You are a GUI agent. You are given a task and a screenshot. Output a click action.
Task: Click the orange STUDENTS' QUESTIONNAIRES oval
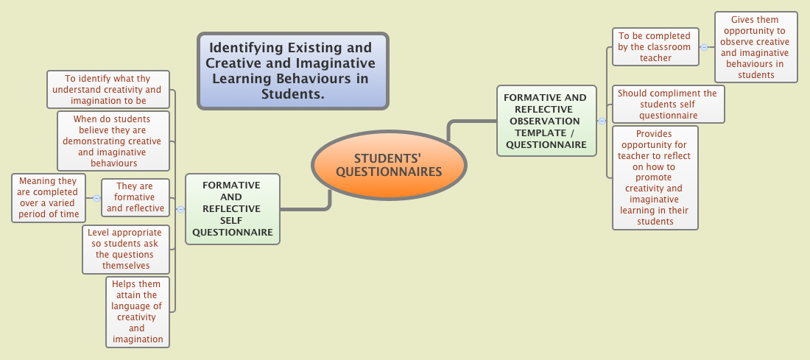coord(389,165)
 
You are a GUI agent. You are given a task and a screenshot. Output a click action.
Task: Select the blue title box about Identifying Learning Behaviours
coord(292,71)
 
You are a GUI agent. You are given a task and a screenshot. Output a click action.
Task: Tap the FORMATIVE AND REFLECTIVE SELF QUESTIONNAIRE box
coord(233,208)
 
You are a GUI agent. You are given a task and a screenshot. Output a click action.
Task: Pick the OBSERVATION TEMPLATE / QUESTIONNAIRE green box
coord(546,121)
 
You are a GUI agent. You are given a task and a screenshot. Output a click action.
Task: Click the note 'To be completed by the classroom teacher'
coord(655,46)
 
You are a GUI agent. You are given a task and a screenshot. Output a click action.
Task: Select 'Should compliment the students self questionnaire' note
coord(668,104)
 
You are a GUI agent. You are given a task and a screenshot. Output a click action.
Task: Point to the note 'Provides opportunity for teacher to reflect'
coord(655,177)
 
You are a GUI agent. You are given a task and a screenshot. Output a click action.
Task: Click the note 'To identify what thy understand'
coord(108,89)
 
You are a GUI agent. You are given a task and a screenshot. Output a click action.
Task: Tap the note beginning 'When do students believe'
coord(113,141)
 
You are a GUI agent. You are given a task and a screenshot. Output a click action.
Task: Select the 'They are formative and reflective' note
coord(135,197)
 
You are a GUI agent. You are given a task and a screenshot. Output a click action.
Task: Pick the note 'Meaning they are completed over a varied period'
coord(49,197)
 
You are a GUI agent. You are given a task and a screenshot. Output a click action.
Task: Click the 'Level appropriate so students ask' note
coord(127,250)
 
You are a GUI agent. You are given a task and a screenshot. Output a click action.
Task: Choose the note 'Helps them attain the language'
coord(137,311)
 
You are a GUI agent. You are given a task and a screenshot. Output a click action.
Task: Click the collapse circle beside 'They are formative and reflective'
coord(96,198)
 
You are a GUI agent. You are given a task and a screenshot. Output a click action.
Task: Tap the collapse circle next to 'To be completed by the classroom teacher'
coord(705,47)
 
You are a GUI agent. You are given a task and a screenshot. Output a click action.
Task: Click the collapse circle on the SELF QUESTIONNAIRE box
coord(181,209)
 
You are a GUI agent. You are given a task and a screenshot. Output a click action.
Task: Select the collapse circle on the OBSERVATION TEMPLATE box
coord(602,121)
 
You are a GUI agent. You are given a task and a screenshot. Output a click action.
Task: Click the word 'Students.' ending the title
coord(292,95)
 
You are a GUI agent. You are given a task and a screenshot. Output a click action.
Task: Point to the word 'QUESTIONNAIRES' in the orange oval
coord(389,172)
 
